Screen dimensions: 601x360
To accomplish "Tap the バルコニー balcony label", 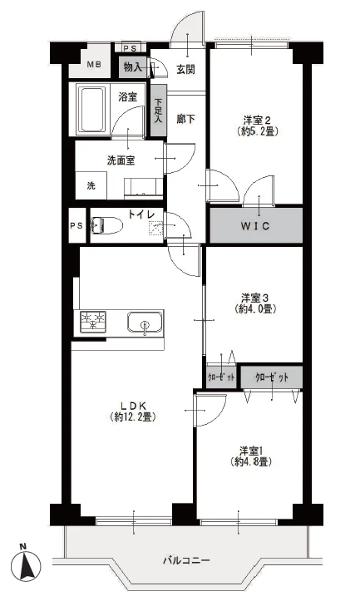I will [185, 560].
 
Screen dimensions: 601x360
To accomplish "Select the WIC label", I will [255, 226].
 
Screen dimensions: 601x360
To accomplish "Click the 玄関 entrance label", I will [185, 69].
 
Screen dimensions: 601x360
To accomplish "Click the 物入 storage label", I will [131, 66].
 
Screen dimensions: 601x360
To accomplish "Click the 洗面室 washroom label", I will [121, 160].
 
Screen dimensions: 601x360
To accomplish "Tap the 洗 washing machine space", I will [91, 185].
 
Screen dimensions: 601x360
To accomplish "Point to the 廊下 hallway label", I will [185, 119].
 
